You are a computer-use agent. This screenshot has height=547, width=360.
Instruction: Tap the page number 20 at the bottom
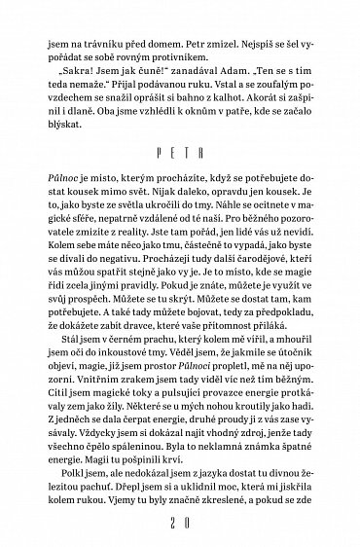point(180,525)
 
